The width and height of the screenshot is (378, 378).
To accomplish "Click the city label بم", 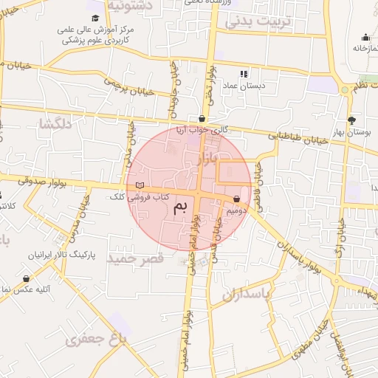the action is tap(180, 209).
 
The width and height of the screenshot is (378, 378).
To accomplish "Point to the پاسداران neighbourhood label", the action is tap(247, 295).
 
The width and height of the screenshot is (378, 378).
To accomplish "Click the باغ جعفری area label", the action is tap(96, 339).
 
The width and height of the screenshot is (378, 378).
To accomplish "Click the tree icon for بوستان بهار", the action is tap(351, 120).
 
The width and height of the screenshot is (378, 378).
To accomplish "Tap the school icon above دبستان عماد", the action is tap(244, 74).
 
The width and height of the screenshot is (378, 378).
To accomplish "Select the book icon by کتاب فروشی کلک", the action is tap(140, 185).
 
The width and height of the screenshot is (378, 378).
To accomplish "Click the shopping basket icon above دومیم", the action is tap(236, 199).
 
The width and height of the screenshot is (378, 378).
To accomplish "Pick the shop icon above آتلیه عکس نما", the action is tap(27, 279).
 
